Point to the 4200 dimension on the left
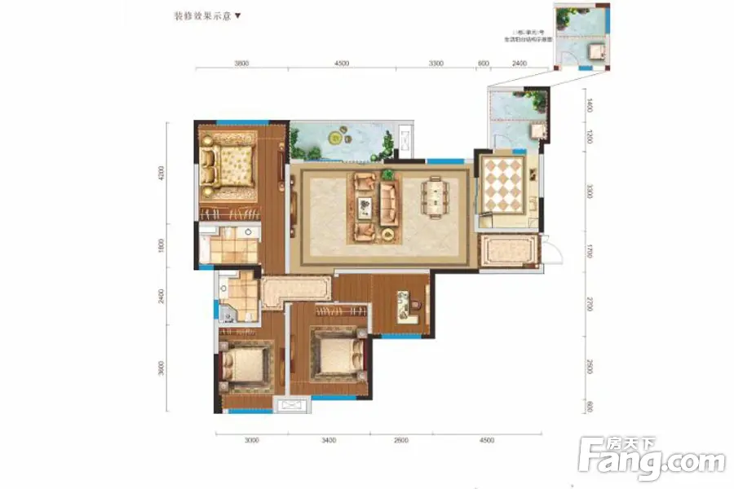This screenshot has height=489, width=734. point(162,173)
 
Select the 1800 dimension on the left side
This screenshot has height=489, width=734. point(162,244)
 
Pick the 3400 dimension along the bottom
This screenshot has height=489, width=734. point(328,440)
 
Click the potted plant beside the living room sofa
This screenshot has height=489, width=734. point(387,174)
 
